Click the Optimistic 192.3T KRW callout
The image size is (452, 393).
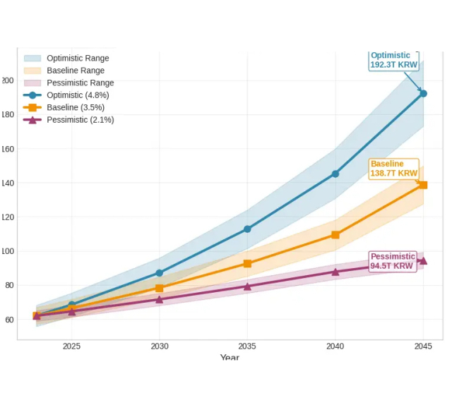point(394,60)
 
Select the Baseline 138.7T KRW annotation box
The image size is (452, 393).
point(393,169)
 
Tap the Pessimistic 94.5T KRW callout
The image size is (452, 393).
point(392,261)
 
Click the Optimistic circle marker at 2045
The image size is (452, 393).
point(423,93)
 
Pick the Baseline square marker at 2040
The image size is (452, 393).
point(335,235)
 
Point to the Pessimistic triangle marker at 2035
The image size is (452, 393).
point(247,286)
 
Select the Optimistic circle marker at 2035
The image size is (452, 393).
point(247,229)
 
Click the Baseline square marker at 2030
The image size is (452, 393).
point(160,289)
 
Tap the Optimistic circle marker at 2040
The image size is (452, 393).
point(335,174)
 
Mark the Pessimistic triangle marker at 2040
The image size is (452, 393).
point(335,272)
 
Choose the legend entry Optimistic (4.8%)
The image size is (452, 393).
point(78,95)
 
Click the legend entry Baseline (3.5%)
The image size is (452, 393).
point(76,107)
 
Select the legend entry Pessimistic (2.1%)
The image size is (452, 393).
point(80,120)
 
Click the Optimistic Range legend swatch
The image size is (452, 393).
point(32,59)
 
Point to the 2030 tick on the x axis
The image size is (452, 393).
point(160,346)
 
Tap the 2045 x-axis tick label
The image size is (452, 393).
point(423,346)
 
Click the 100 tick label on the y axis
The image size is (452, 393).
point(8,251)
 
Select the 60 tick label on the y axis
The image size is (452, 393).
point(8,320)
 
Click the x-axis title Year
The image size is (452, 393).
point(230,358)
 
